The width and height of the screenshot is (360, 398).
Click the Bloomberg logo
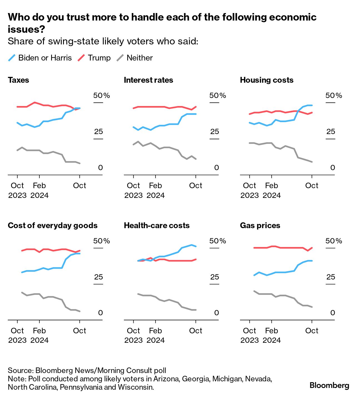[329, 385]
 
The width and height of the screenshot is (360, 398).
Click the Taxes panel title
[18, 80]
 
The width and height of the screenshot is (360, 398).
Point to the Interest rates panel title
[148, 80]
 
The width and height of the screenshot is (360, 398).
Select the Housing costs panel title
[267, 80]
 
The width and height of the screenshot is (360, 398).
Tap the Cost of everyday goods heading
[52, 225]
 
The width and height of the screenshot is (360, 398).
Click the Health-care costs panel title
[157, 225]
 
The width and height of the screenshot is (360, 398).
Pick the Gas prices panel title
[260, 225]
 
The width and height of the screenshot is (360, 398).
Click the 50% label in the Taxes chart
[101, 95]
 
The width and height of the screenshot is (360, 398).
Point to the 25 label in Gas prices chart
[331, 277]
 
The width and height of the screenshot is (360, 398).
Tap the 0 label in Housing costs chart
[332, 168]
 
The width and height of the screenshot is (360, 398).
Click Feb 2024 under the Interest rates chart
[156, 190]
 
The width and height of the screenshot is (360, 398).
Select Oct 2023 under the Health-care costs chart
[133, 335]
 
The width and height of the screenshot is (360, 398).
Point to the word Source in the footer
[20, 370]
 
